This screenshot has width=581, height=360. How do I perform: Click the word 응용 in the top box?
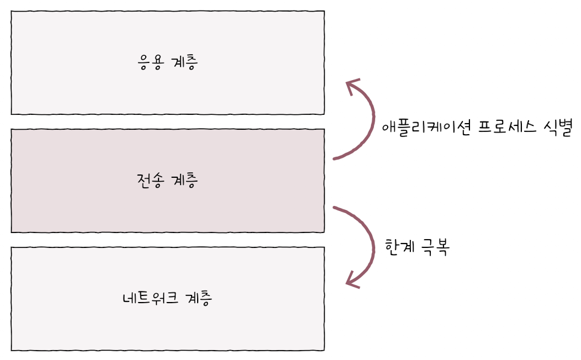pyautogui.click(x=149, y=62)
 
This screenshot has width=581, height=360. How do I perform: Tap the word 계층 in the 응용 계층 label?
pyautogui.click(x=185, y=62)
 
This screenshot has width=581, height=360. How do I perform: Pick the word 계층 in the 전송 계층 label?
pyautogui.click(x=185, y=181)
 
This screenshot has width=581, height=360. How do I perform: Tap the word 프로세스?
pyautogui.click(x=503, y=128)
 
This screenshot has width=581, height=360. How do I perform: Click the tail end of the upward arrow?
pyautogui.click(x=335, y=158)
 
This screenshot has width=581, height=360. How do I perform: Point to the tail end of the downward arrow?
pyautogui.click(x=335, y=208)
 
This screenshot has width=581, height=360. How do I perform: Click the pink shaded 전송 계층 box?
pyautogui.click(x=83, y=181)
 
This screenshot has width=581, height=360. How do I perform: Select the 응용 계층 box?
pyautogui.click(x=83, y=62)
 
